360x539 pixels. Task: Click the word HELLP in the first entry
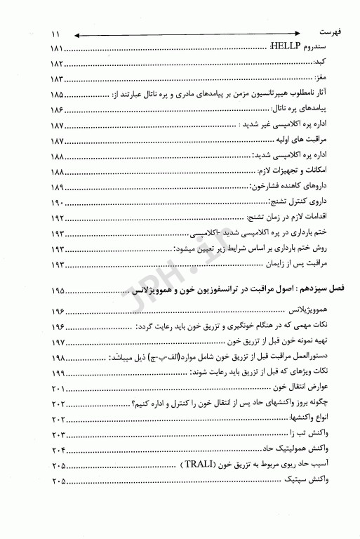[284, 48]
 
